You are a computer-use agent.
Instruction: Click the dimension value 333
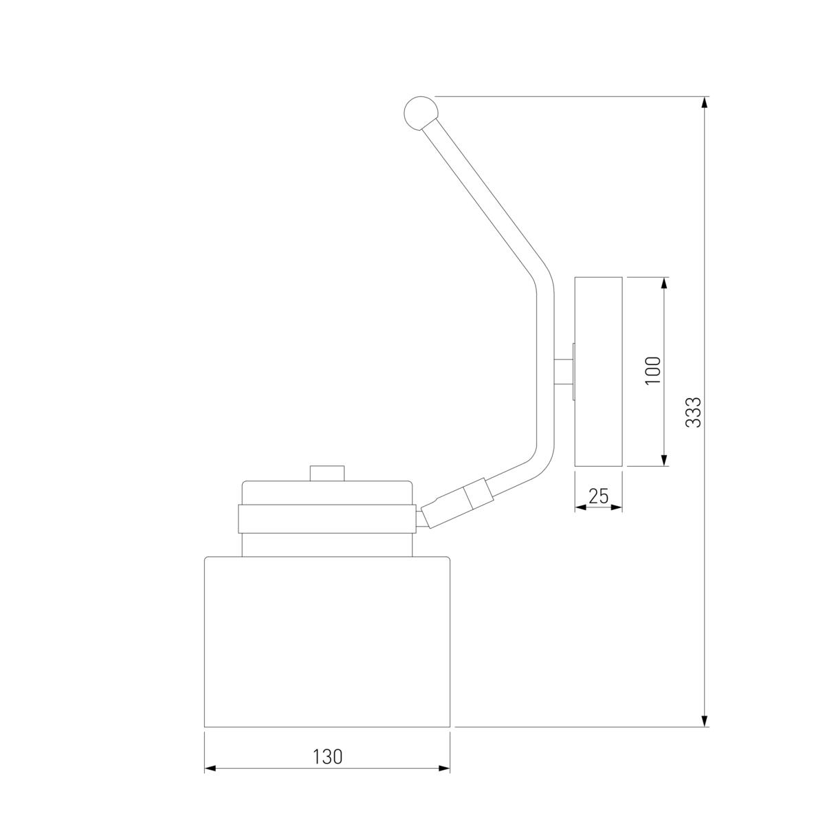[x=693, y=412]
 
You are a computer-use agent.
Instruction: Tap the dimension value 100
[x=653, y=371]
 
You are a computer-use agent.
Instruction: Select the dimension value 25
[x=599, y=496]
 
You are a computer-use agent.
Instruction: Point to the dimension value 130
[x=327, y=756]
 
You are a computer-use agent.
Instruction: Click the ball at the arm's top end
[x=421, y=113]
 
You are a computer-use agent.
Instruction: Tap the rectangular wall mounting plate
[x=598, y=372]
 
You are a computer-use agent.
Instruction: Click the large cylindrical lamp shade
[x=327, y=641]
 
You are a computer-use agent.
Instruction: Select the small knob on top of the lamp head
[x=327, y=473]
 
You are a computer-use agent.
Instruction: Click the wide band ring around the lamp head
[x=327, y=518]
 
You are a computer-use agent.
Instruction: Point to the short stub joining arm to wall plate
[x=564, y=372]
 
